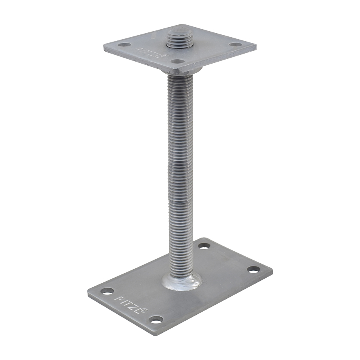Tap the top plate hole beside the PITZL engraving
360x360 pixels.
click(x=178, y=61)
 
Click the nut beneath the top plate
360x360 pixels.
click(x=182, y=68)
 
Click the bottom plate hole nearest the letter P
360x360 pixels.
click(x=107, y=291)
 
